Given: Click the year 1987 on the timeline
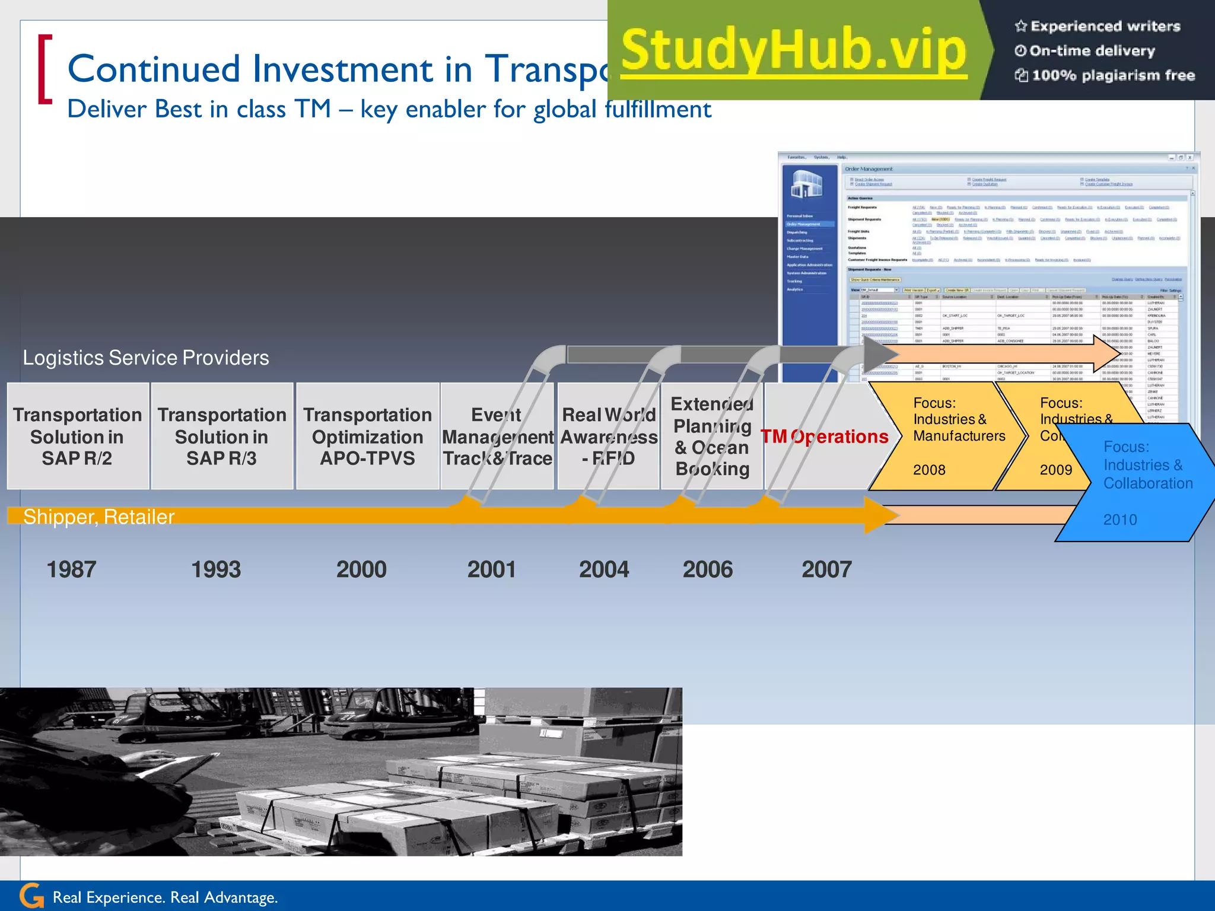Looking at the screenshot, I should (x=71, y=569).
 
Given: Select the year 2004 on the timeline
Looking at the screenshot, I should (x=604, y=569).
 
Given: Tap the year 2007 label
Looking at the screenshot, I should (x=826, y=569).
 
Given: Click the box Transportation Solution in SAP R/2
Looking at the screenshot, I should (x=78, y=436).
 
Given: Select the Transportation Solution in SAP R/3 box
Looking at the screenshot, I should (x=222, y=436).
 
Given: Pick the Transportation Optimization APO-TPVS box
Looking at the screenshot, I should (x=367, y=436).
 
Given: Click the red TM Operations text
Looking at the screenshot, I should (x=825, y=437).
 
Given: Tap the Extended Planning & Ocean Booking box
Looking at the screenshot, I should (x=712, y=436).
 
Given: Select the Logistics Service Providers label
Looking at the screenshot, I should (x=146, y=358).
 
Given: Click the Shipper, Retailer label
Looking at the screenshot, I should (x=98, y=517).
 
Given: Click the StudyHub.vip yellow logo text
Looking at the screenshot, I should (x=794, y=51).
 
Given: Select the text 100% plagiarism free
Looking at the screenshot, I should (x=1113, y=75).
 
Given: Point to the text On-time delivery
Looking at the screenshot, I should (x=1092, y=51).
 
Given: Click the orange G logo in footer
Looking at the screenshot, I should (x=32, y=896).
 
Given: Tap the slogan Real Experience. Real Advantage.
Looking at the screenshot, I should (x=165, y=897).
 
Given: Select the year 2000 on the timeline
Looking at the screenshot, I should (x=361, y=569).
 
